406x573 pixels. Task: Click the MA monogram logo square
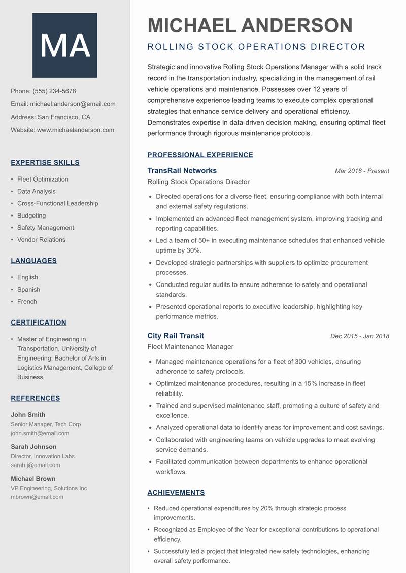(x=64, y=45)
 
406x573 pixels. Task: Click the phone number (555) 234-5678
(x=54, y=91)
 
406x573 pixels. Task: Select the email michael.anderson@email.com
(x=73, y=104)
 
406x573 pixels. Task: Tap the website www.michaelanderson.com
(x=76, y=130)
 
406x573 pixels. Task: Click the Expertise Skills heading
(x=45, y=163)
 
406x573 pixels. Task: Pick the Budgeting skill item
(x=31, y=216)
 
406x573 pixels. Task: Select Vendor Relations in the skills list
(x=41, y=240)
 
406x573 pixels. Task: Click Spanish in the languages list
(x=28, y=290)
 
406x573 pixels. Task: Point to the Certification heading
(x=39, y=323)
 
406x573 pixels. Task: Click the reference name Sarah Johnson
(x=33, y=447)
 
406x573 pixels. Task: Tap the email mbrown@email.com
(x=37, y=497)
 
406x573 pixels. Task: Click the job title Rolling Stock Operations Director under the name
(x=256, y=47)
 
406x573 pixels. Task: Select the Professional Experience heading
(x=200, y=155)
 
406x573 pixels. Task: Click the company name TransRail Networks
(x=182, y=170)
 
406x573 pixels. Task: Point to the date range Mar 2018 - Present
(x=362, y=171)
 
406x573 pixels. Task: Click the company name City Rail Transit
(x=176, y=336)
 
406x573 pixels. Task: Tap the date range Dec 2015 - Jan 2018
(x=359, y=336)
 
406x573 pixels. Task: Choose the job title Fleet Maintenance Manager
(x=190, y=347)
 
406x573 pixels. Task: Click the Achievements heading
(x=176, y=493)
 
